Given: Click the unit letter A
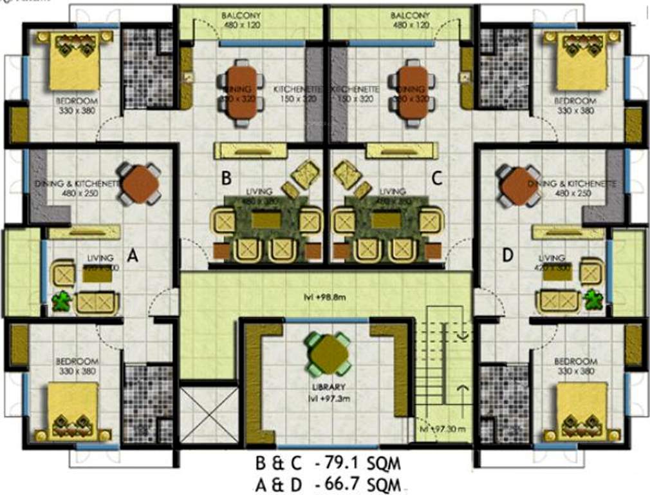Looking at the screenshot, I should (133, 257).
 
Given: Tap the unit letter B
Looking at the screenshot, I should (226, 177).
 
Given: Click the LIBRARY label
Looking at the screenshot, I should (329, 387).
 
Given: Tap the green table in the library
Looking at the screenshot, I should (328, 353).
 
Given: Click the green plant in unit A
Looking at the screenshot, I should (62, 302).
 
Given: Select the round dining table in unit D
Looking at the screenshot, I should (518, 186).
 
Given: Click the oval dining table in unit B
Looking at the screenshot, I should (241, 94).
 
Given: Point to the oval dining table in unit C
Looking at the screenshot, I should (412, 94).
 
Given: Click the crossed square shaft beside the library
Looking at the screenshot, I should (209, 415).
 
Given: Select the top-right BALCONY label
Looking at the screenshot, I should (410, 14).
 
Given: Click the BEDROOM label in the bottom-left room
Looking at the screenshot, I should (76, 361).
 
